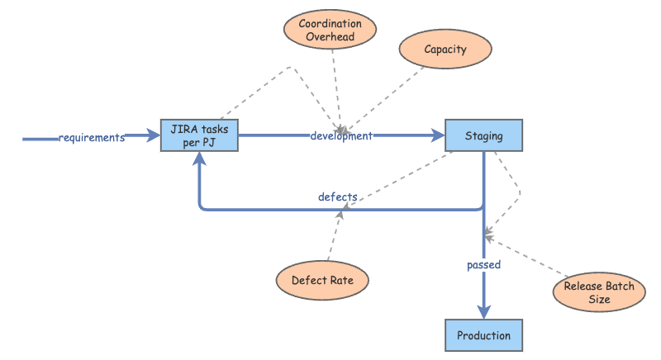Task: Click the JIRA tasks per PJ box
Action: pyautogui.click(x=199, y=135)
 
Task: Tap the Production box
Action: pyautogui.click(x=483, y=335)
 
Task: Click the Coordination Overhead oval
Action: pyautogui.click(x=330, y=30)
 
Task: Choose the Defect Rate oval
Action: pyautogui.click(x=322, y=280)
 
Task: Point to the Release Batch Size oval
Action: pyautogui.click(x=599, y=293)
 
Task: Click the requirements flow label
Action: pyautogui.click(x=91, y=137)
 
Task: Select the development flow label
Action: pyautogui.click(x=341, y=135)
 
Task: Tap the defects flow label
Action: pyautogui.click(x=337, y=197)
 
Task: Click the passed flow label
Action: pyautogui.click(x=483, y=265)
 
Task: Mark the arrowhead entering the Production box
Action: pyautogui.click(x=483, y=312)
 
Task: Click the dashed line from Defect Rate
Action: pyautogui.click(x=332, y=239)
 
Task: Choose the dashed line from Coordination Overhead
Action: pyautogui.click(x=335, y=83)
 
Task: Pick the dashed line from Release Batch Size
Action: pyautogui.click(x=529, y=258)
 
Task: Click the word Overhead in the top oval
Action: pyautogui.click(x=330, y=37)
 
